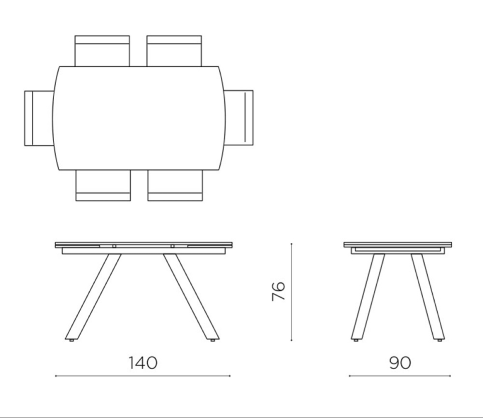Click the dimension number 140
tap(143, 362)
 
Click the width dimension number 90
tap(399, 362)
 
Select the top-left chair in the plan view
tap(102, 50)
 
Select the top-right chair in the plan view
tap(174, 50)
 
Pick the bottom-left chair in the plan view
tap(103, 186)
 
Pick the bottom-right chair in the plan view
tap(175, 186)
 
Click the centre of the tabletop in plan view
tap(139, 118)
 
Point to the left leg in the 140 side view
tap(93, 296)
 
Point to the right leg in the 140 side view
tap(191, 296)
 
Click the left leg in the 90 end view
tap(368, 296)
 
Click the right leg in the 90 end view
tap(428, 296)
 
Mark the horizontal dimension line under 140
tap(143, 375)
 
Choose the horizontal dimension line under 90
tap(399, 375)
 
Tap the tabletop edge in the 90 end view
tap(398, 245)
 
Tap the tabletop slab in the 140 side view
tap(143, 244)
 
